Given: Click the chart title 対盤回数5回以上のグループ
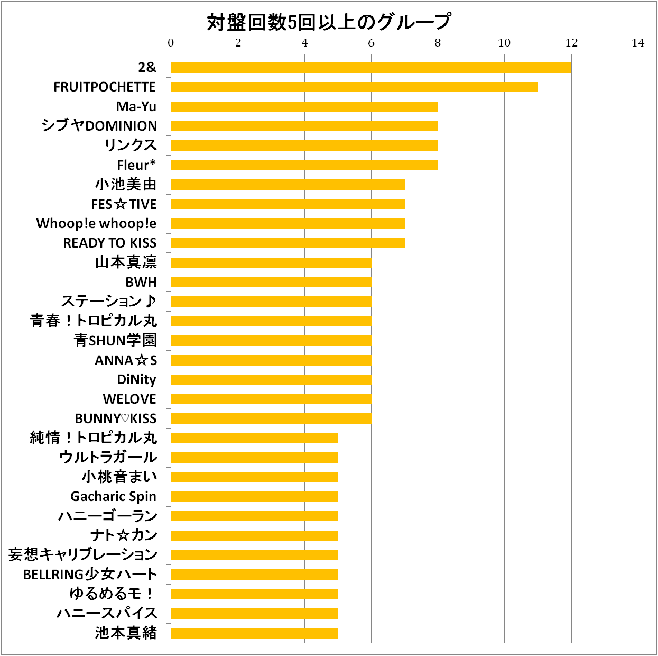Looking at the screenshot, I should (328, 22).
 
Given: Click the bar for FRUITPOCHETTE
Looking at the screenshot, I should (354, 87).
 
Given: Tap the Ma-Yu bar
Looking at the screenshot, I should (304, 106).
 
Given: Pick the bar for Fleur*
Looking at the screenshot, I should (304, 165).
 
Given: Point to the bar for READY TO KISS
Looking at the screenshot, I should (288, 243).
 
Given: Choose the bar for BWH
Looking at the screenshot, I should (271, 282).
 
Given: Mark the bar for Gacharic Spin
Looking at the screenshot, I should (254, 496).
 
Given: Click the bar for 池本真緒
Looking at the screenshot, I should (254, 633).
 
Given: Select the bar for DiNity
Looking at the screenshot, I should (271, 379).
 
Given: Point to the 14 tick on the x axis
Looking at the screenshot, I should (638, 43).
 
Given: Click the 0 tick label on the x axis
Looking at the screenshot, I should (171, 43).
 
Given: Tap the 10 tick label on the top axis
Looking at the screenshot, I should (504, 43).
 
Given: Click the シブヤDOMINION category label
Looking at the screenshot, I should (99, 126).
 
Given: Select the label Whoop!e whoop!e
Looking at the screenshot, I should (96, 223).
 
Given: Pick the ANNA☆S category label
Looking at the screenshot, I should (126, 360).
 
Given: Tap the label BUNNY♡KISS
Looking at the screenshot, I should (116, 418).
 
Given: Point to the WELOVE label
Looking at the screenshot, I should (129, 399).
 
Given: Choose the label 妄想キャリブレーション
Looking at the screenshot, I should (83, 554).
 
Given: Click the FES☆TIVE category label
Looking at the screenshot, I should (124, 204).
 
